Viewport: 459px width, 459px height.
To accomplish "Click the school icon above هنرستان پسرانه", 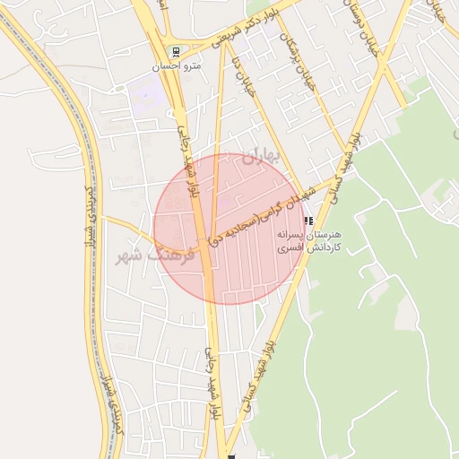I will (308, 220).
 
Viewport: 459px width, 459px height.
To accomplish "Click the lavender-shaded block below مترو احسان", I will (149, 93).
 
